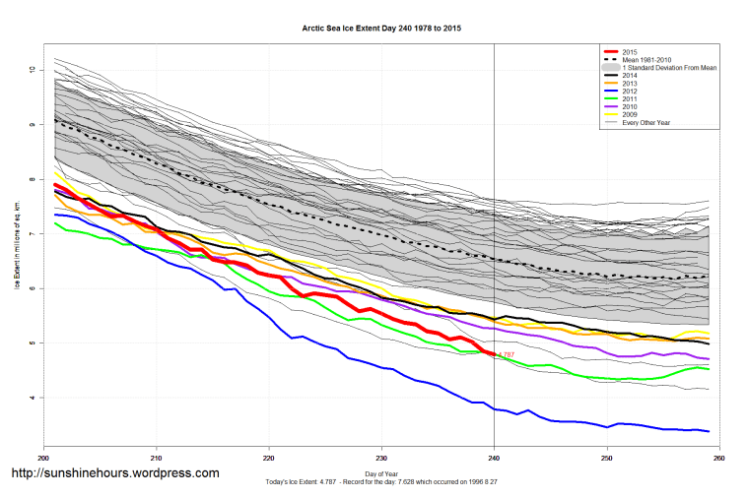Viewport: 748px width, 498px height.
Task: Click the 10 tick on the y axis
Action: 33,70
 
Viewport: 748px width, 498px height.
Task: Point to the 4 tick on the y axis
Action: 33,398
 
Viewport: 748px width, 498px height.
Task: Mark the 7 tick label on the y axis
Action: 33,234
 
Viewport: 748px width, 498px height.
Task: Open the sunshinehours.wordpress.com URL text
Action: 114,473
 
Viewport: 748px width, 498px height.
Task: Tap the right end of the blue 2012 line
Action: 710,431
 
